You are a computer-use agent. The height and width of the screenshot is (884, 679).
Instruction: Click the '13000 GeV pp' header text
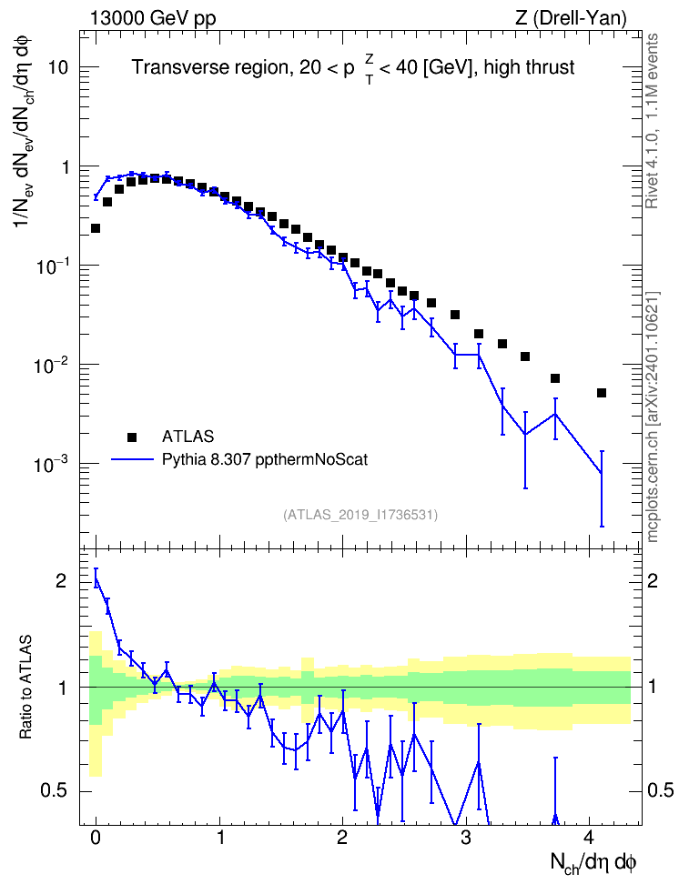point(153,18)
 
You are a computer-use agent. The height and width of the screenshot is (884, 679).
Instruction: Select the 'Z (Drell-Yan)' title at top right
point(571,18)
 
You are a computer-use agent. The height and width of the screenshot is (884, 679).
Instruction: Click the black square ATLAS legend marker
point(131,437)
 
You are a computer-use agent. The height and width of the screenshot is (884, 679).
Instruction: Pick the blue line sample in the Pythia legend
point(132,459)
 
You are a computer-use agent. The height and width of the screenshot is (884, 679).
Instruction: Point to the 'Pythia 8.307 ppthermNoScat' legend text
point(265,459)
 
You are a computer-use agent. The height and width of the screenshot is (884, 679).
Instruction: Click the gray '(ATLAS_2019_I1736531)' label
point(360,515)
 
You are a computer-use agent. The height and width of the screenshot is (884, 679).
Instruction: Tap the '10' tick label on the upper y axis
point(58,67)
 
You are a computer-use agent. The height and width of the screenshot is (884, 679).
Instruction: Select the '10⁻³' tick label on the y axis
point(50,464)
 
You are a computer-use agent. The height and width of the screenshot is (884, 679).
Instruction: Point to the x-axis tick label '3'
point(466,838)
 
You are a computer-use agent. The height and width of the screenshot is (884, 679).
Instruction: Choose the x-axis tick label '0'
point(96,838)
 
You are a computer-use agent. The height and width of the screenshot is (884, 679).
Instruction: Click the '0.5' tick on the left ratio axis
point(55,790)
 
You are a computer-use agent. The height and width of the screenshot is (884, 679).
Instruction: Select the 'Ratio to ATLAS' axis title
point(25,687)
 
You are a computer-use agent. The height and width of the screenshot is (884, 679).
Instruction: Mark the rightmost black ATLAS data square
point(602,393)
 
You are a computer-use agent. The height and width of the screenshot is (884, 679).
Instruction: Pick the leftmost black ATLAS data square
point(96,228)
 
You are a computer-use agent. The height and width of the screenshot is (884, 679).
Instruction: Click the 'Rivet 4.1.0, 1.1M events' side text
point(652,121)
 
